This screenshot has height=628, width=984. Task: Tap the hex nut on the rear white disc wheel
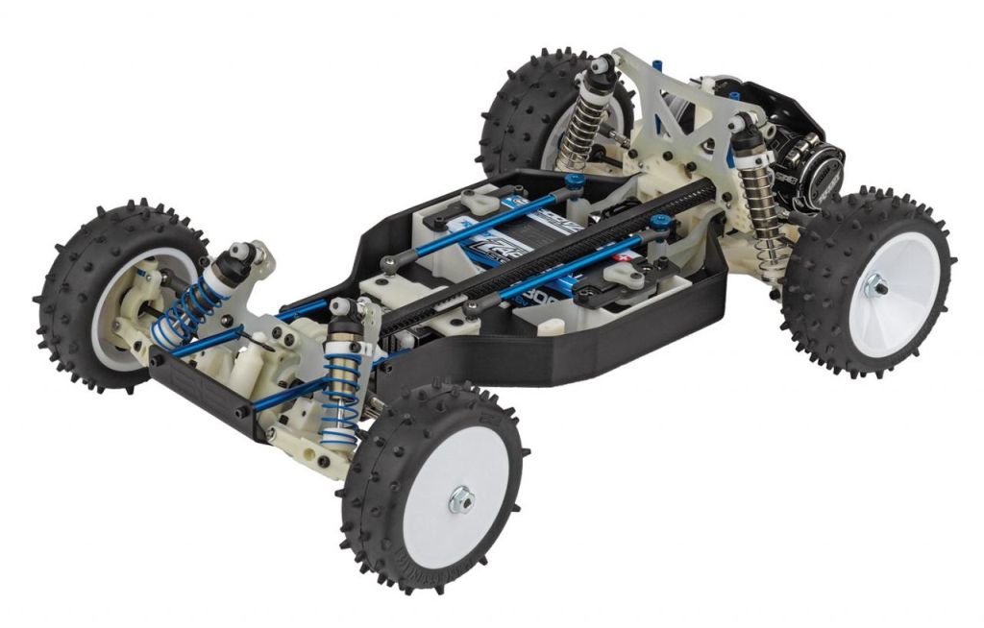tap(876, 283)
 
